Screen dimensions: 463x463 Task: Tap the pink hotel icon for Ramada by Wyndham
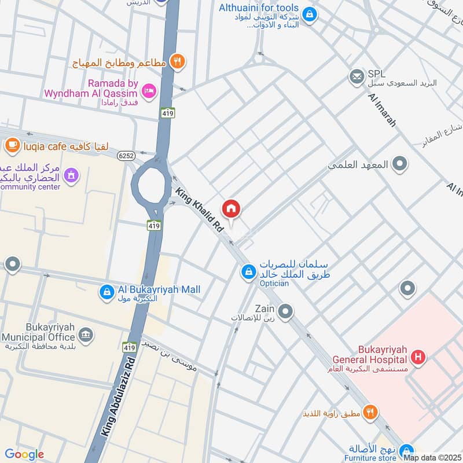[x=149, y=90]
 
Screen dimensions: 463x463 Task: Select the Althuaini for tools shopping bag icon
[x=310, y=13]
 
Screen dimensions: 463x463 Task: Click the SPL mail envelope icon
[x=357, y=76]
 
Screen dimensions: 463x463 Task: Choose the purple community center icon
[x=71, y=174]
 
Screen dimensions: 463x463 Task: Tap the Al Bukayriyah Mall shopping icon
[x=106, y=292]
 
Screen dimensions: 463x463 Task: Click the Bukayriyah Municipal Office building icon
[x=86, y=335]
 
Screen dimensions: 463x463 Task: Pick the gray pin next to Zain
[x=285, y=311]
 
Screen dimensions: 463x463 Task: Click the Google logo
[x=24, y=454]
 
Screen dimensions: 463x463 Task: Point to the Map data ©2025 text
[x=432, y=457]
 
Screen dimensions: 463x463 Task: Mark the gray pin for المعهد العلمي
[x=399, y=164]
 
